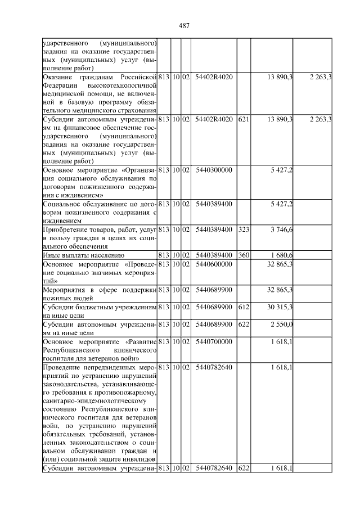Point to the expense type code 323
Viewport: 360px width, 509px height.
pyautogui.click(x=244, y=229)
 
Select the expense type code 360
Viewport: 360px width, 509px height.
pyautogui.click(x=244, y=255)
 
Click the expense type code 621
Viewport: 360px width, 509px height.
pyautogui.click(x=244, y=119)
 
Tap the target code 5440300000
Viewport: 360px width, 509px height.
pyautogui.click(x=214, y=170)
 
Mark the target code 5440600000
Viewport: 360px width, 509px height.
pyautogui.click(x=214, y=264)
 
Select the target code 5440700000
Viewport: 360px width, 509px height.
pyautogui.click(x=214, y=341)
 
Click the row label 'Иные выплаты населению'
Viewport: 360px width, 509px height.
pyautogui.click(x=79, y=255)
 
